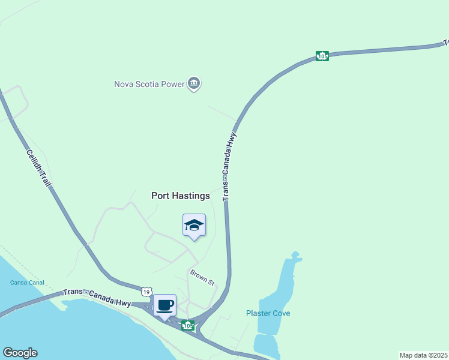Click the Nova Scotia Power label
(149, 84)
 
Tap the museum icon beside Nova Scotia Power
(194, 83)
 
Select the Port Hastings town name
(180, 196)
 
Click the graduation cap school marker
(194, 226)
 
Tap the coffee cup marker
(165, 305)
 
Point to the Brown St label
(202, 277)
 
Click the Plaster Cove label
(268, 313)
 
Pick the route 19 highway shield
(146, 291)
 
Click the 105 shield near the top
(322, 56)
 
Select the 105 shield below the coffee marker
(188, 325)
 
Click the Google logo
(20, 353)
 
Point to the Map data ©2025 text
(423, 355)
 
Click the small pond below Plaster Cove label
(265, 345)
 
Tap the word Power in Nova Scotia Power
(172, 84)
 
